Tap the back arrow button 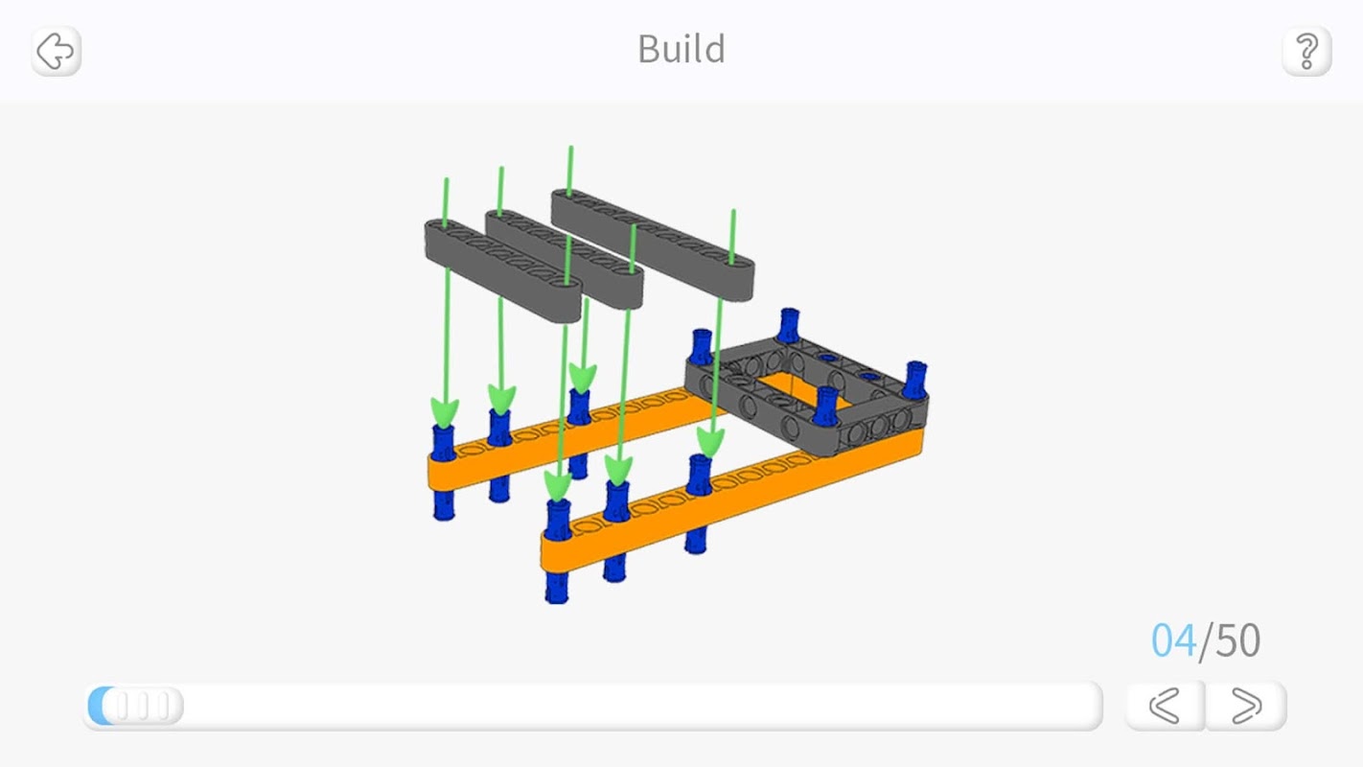coord(56,51)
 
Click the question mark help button coord(1306,51)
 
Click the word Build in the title coord(681,49)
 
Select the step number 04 coord(1173,640)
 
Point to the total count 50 coord(1237,640)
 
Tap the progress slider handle coord(136,707)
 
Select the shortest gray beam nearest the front coord(502,271)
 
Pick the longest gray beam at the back coord(653,244)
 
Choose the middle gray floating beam coord(564,259)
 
